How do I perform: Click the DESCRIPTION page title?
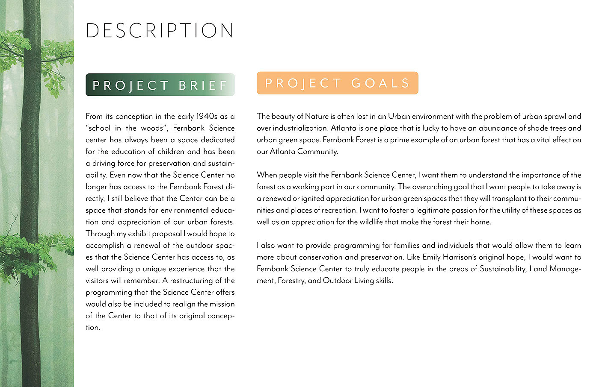click(x=160, y=31)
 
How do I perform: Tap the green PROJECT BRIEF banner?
click(x=160, y=85)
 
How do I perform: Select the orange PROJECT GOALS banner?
click(x=337, y=83)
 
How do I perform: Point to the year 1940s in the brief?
click(x=207, y=116)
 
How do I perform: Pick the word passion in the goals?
click(x=458, y=210)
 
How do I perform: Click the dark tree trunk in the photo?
click(x=31, y=192)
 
